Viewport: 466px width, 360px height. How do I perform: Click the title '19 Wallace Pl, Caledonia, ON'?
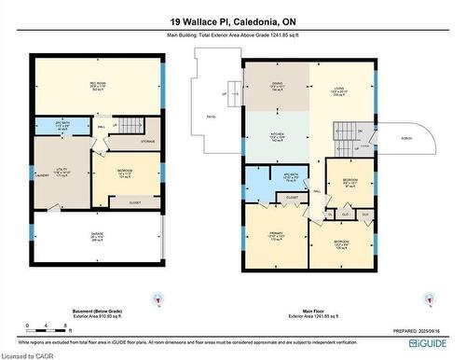click(x=232, y=21)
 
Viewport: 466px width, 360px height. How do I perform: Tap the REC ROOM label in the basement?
click(x=97, y=84)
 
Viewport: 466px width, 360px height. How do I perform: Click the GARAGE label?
click(x=97, y=237)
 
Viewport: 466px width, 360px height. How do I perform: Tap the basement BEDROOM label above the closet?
click(x=125, y=173)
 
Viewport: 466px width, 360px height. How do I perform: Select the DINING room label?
click(x=277, y=86)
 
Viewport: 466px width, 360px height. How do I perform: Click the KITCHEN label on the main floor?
click(x=277, y=136)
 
